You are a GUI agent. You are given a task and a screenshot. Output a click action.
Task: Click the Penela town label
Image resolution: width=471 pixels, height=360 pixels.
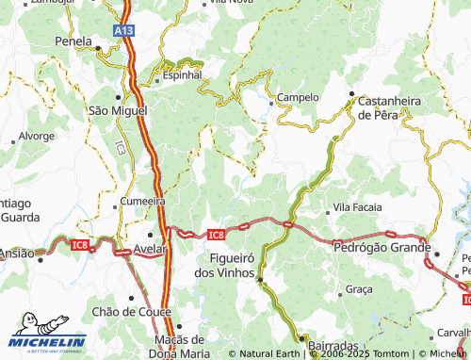[x=73, y=41]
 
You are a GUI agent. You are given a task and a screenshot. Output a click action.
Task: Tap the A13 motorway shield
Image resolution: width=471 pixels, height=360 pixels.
[x=124, y=31]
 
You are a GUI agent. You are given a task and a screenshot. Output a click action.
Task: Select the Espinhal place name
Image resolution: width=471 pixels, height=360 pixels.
[x=182, y=74]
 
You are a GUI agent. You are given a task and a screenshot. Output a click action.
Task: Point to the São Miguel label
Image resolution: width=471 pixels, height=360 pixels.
[x=117, y=110]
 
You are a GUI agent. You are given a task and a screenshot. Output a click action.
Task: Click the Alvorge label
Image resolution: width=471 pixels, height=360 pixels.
[x=36, y=136]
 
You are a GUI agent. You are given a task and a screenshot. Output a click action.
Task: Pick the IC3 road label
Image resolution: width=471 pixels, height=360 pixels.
[x=120, y=148]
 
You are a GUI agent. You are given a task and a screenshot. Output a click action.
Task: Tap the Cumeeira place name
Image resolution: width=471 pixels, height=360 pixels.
[x=142, y=201]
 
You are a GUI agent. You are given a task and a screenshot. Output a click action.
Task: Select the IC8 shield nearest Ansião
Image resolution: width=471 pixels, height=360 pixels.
[x=80, y=245]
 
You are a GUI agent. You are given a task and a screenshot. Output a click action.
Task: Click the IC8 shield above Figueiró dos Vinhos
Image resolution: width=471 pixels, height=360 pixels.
[x=216, y=235]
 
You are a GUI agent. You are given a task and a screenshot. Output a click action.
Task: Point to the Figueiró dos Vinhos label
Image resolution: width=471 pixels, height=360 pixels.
[x=224, y=265]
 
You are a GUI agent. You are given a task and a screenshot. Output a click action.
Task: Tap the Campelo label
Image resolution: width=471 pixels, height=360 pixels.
[x=299, y=97]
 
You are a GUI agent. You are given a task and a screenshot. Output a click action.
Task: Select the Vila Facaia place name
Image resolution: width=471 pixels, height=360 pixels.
[x=357, y=207]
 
